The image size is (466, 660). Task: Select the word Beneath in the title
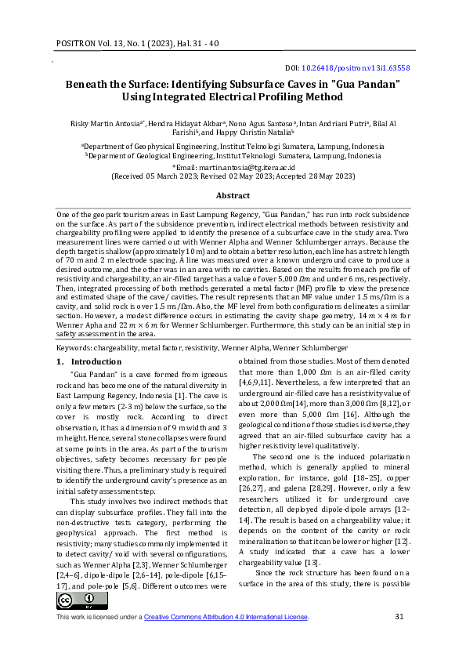coord(89,84)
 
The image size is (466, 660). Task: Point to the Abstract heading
coord(233,195)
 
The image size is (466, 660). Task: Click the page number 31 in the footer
coord(399,617)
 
